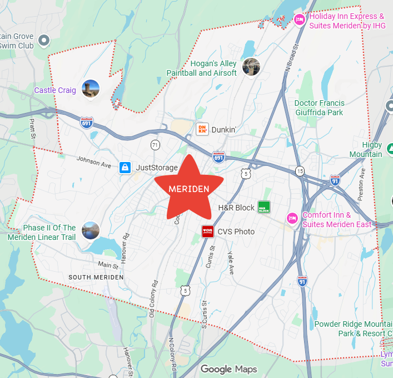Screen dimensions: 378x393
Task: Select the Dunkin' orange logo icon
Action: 202,129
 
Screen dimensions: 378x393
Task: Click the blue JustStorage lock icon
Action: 125,167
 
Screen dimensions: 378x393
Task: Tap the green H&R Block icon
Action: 263,208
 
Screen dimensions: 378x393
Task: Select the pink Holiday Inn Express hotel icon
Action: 299,20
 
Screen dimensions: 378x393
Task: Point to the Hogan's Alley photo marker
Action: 251,67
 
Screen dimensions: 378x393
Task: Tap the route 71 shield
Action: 155,145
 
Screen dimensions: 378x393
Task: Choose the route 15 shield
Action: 300,170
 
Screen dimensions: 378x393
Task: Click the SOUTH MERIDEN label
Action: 96,277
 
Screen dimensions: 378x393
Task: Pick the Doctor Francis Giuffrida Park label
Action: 319,107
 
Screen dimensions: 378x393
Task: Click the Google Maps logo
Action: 228,369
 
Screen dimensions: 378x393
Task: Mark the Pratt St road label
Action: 32,129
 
